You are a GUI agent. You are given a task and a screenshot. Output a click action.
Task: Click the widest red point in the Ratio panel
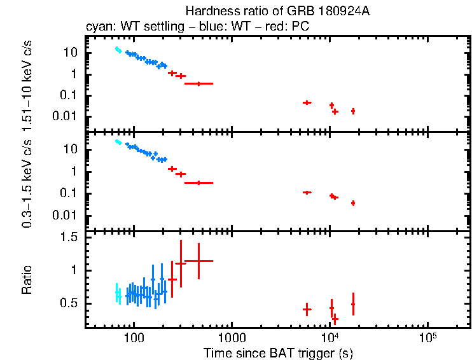coord(198,261)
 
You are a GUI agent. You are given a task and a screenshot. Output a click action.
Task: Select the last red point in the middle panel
coord(352,203)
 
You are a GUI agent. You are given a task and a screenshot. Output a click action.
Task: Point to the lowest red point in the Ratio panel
coord(335,319)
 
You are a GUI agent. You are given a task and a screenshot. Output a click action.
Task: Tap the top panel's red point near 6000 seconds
coord(307,102)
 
